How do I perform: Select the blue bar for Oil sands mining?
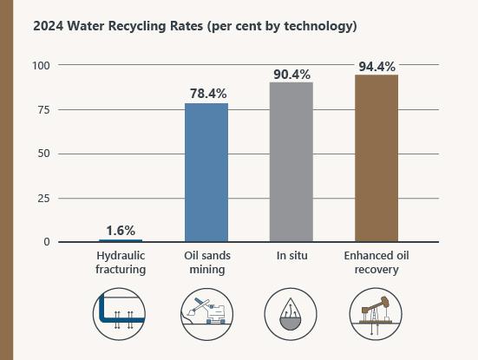(x=206, y=173)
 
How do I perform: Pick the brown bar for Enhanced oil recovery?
(x=377, y=159)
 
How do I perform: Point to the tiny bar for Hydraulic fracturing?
(x=121, y=240)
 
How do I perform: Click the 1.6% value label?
(x=121, y=231)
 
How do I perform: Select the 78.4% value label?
(x=206, y=93)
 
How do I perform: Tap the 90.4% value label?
(x=291, y=74)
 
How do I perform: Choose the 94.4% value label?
(x=377, y=67)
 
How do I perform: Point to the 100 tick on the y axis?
(x=42, y=66)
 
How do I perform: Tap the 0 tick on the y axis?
(x=47, y=243)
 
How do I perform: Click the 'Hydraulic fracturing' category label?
(x=121, y=263)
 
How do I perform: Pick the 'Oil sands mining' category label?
(x=206, y=263)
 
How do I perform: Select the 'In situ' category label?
(x=291, y=257)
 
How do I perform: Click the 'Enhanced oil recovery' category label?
(x=377, y=263)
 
